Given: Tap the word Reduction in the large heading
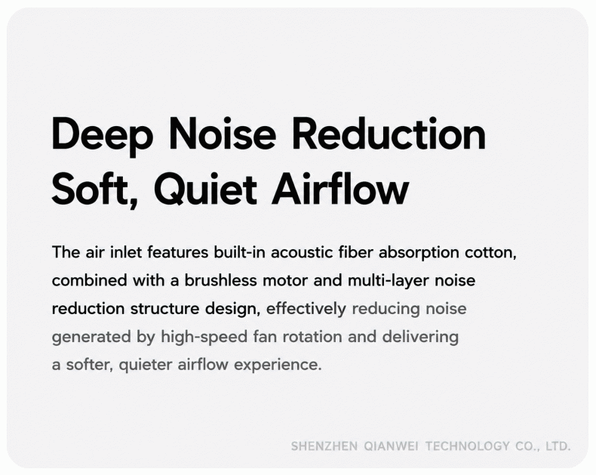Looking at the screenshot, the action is click(x=389, y=134).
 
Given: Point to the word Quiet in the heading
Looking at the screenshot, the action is click(x=205, y=189).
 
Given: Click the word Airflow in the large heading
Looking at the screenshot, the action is click(x=340, y=187).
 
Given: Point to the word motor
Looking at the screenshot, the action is click(x=285, y=280).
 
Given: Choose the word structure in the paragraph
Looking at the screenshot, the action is click(x=164, y=309).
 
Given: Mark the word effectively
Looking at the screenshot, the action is click(x=306, y=309).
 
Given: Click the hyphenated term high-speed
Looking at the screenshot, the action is click(x=204, y=338).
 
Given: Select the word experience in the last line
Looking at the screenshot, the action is click(x=278, y=365).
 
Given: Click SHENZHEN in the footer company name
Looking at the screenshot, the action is click(x=324, y=446).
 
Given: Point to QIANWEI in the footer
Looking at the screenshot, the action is click(x=391, y=446).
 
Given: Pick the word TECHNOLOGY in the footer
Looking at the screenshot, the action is click(x=467, y=446).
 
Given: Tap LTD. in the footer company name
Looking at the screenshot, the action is click(x=558, y=446).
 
